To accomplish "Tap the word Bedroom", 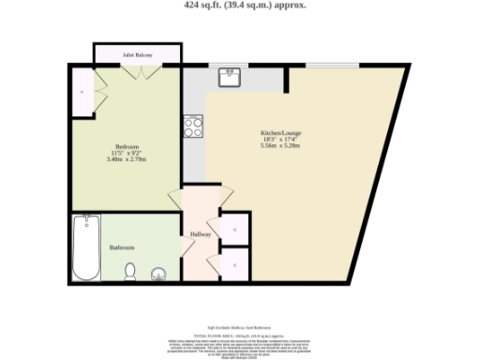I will click(127, 147).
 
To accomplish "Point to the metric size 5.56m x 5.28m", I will click(280, 145).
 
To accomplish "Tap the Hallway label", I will click(201, 233).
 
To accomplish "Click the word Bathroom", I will click(122, 247).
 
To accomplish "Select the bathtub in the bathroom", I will click(86, 247).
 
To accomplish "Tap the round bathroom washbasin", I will click(158, 275).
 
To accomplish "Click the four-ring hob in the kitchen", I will click(194, 124).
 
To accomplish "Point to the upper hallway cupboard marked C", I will click(233, 229).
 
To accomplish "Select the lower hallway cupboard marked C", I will click(233, 263).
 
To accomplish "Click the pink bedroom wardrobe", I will click(83, 94).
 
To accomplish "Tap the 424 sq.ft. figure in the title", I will click(208, 5).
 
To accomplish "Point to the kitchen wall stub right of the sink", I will click(286, 78).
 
